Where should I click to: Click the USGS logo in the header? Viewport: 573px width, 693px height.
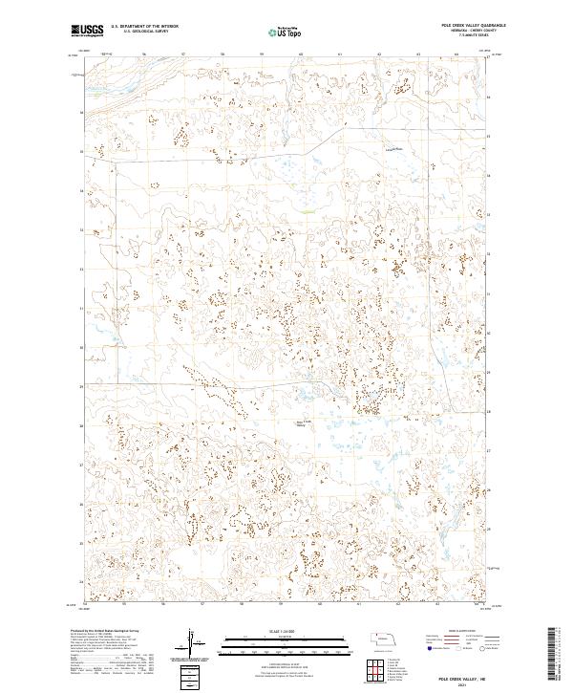coord(87,31)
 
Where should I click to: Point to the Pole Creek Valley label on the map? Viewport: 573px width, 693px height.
coord(304,424)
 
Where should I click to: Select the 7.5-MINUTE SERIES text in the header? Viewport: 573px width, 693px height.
coord(465,38)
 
